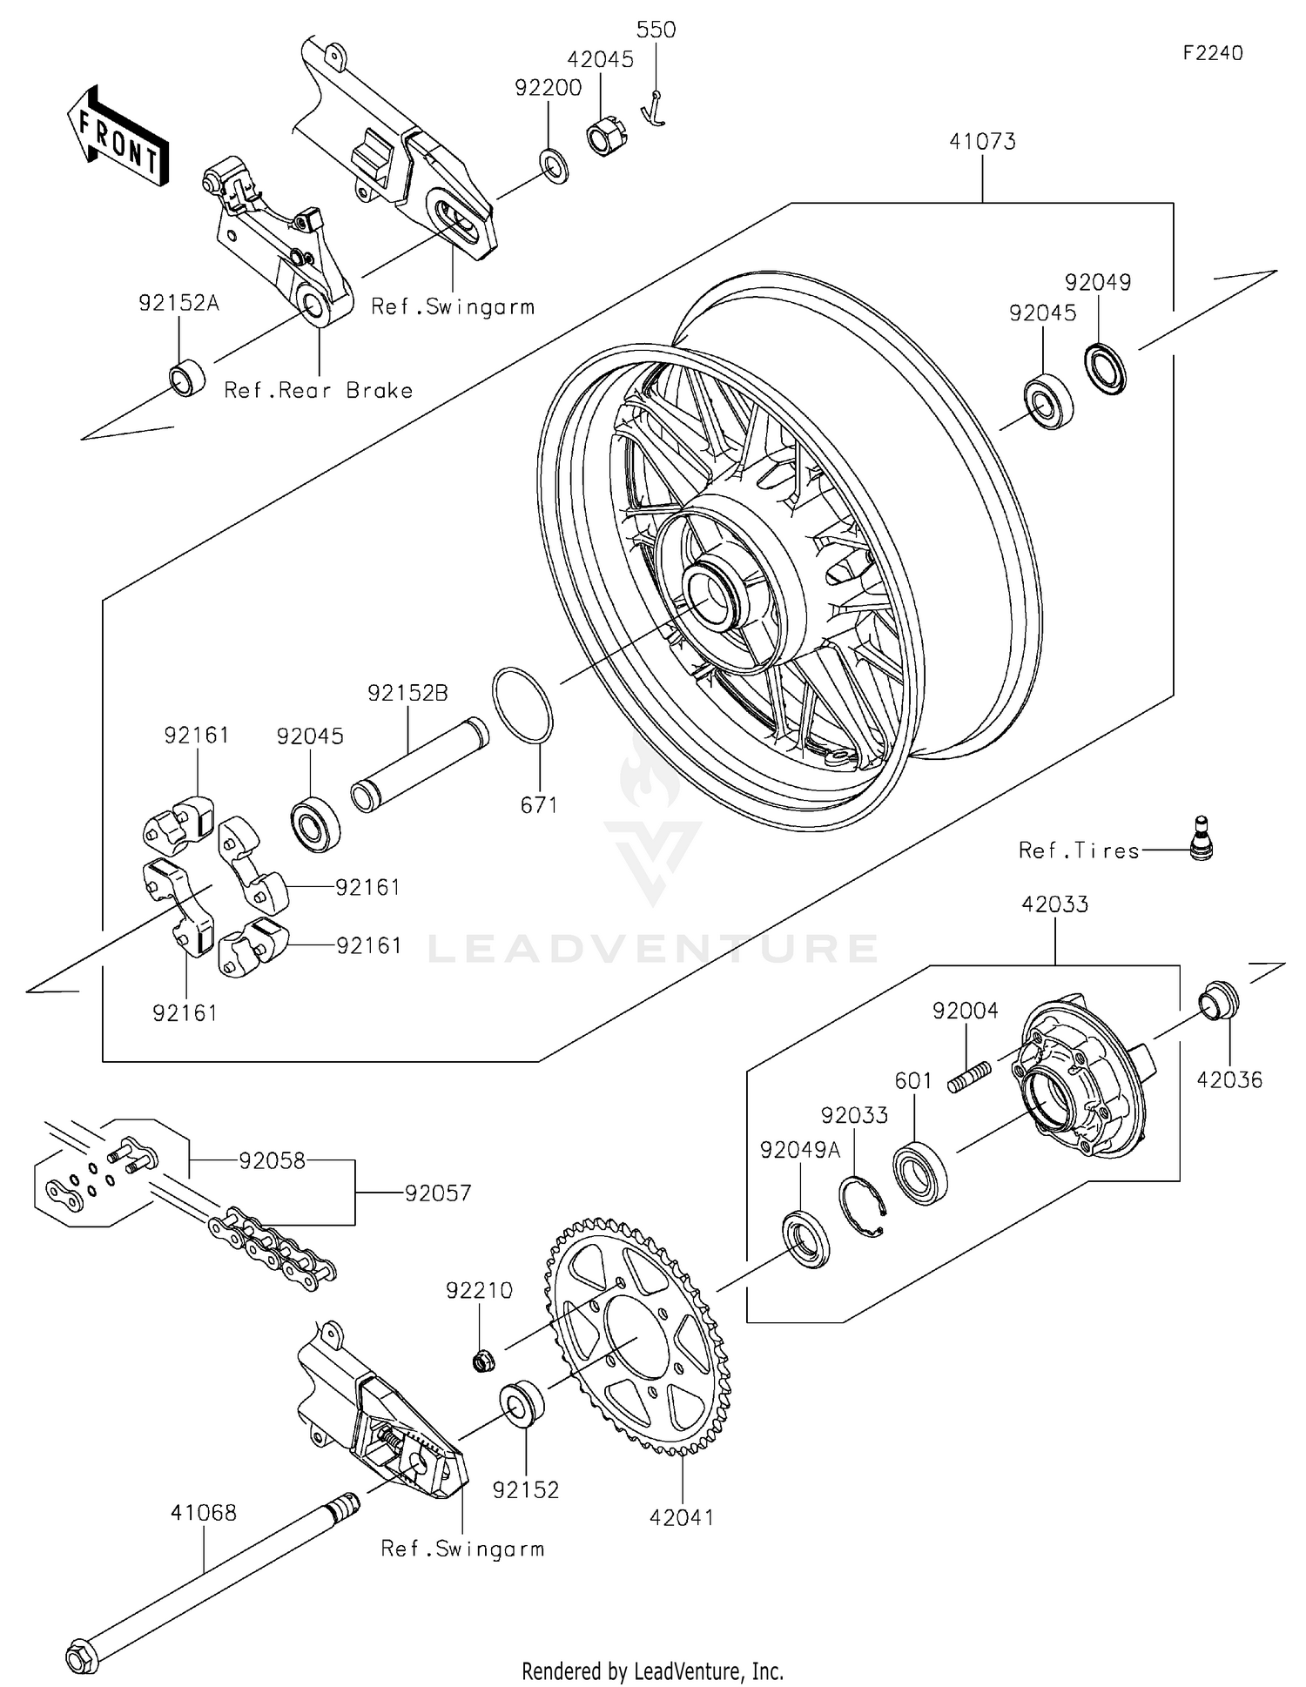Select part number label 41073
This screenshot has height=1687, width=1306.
(x=982, y=141)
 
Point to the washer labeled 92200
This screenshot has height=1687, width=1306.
(x=554, y=165)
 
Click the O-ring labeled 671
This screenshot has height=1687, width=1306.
(x=522, y=705)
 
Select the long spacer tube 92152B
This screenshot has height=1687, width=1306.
(x=420, y=763)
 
